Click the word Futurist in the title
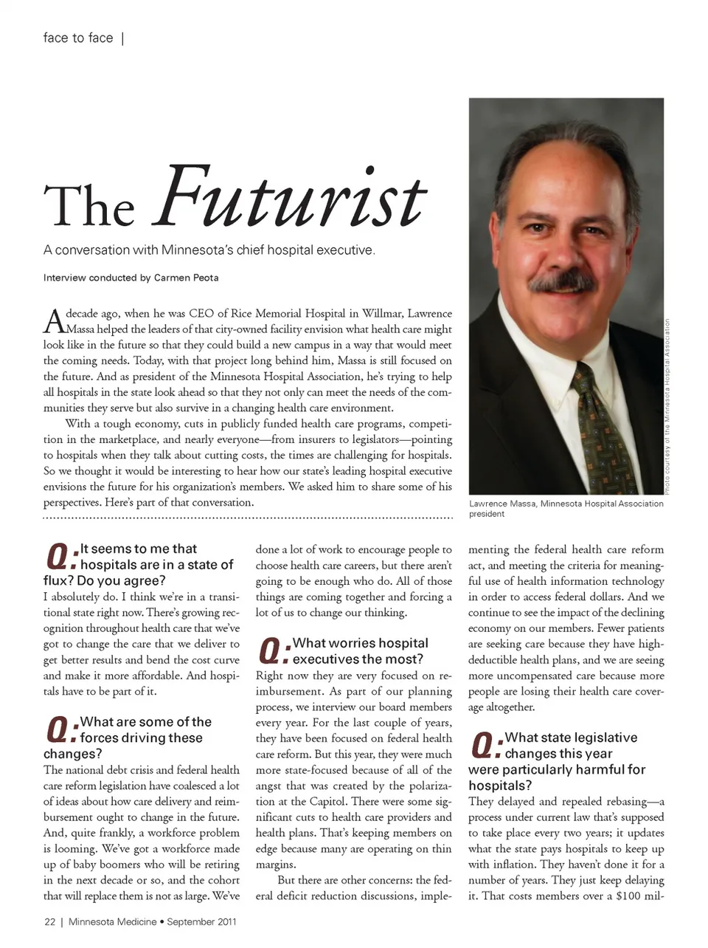pos(289,198)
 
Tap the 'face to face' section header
pos(78,38)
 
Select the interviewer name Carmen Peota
pos(186,278)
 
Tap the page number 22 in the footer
pos(49,921)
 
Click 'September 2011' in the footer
pos(201,921)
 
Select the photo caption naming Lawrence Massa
pos(566,508)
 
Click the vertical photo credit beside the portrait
pos(666,406)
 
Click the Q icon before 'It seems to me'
pos(60,557)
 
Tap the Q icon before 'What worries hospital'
pos(273,651)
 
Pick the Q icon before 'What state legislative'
pos(485,746)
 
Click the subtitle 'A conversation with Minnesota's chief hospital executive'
pos(209,250)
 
